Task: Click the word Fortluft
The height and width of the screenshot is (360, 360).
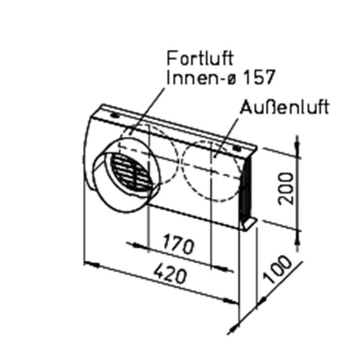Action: click(x=201, y=59)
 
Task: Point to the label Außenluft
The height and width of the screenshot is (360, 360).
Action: click(x=284, y=108)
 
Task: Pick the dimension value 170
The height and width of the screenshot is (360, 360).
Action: click(x=179, y=246)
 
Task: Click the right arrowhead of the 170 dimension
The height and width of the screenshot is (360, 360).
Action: click(x=227, y=270)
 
